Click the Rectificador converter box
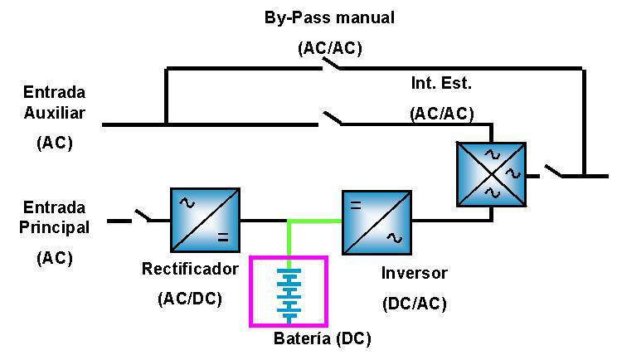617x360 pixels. (x=205, y=220)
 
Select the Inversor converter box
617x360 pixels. (x=377, y=222)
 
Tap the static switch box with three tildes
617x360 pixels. (x=492, y=174)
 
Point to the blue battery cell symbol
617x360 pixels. (x=289, y=295)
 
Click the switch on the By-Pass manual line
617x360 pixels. (x=332, y=64)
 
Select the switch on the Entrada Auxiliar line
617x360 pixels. (x=332, y=119)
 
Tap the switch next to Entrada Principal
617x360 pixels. (x=143, y=216)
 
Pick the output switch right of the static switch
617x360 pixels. (x=553, y=171)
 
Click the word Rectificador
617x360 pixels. (x=190, y=269)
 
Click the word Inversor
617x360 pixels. (x=415, y=273)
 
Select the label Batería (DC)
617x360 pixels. (x=323, y=338)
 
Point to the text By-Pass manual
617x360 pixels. (x=329, y=18)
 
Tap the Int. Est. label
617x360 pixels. (x=441, y=83)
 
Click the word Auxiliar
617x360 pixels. (x=54, y=113)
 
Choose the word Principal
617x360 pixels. (x=54, y=227)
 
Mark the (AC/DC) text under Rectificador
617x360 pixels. (x=190, y=299)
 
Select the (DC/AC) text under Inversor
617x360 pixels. (x=415, y=304)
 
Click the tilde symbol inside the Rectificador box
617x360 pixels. (x=187, y=203)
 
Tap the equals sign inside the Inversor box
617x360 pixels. (x=356, y=206)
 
